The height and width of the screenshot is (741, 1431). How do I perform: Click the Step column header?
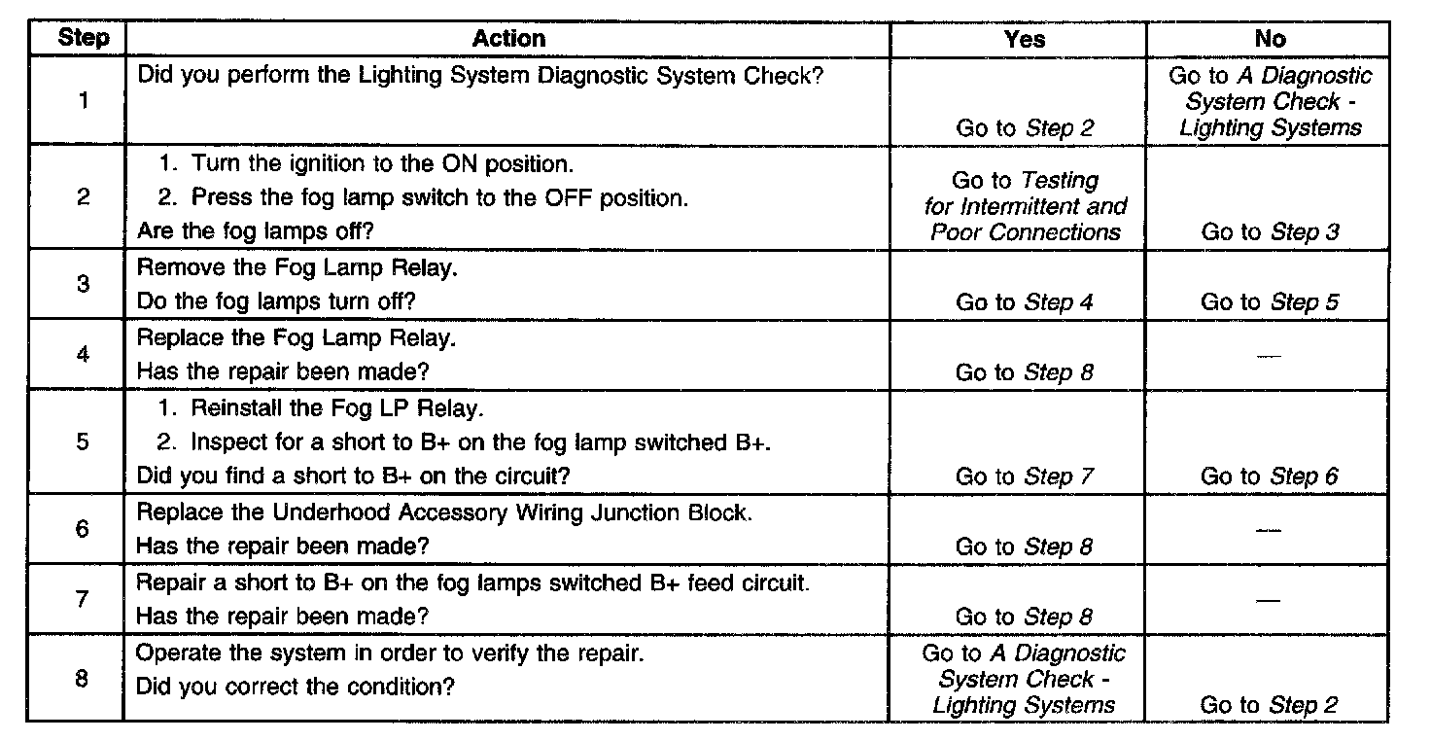coord(84,39)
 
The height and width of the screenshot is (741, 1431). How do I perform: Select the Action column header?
coord(508,39)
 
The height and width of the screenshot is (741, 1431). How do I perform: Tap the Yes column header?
coord(1025,39)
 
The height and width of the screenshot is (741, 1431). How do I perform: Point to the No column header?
coord(1270,39)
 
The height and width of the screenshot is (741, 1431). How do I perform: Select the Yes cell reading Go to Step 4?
coord(1025,302)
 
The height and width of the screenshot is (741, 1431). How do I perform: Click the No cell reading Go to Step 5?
coord(1270,302)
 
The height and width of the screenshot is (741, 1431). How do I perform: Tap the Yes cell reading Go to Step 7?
coord(1025,476)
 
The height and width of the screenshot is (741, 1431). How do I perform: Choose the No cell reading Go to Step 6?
coord(1270,476)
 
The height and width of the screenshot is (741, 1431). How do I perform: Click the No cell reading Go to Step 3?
coord(1270,232)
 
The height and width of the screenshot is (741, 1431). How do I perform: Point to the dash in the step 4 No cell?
coord(1268,356)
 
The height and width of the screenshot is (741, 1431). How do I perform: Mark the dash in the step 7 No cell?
coord(1268,600)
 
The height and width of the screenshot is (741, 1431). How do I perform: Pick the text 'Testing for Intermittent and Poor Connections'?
coord(1026,206)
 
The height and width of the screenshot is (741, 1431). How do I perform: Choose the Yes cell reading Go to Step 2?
coord(1025,128)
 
